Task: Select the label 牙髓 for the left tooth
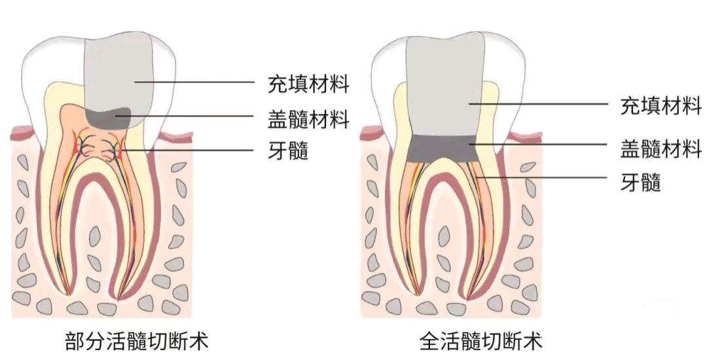(288, 151)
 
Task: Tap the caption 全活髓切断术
(481, 341)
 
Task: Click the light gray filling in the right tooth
(445, 85)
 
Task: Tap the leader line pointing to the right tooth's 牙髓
(543, 177)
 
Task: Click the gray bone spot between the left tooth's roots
(95, 233)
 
